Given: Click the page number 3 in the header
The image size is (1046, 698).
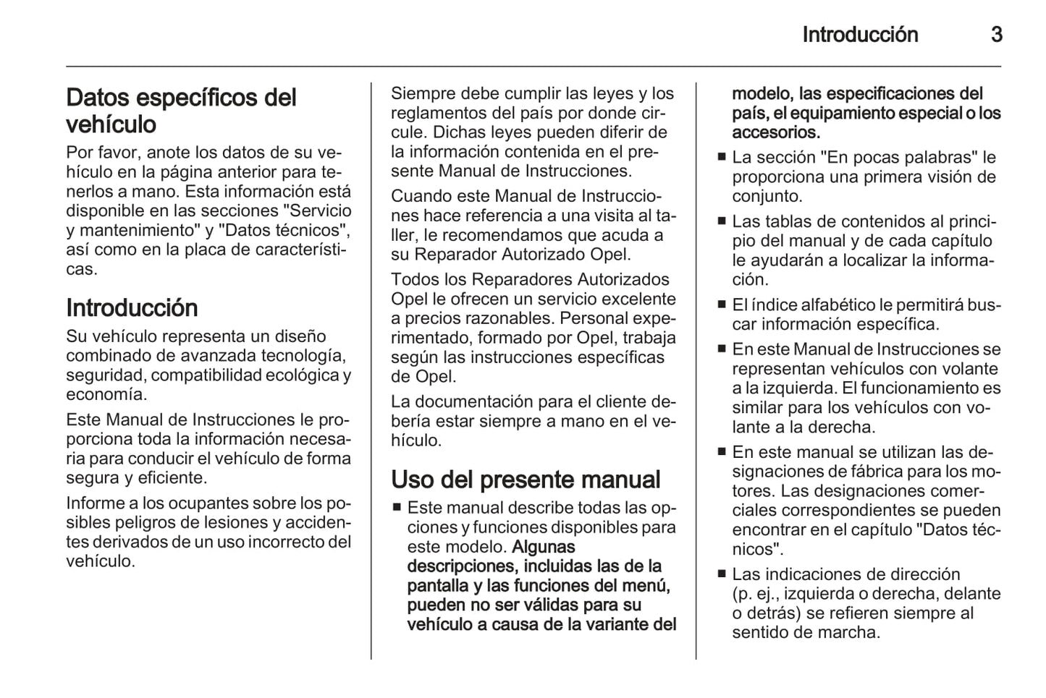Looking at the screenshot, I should coord(996,35).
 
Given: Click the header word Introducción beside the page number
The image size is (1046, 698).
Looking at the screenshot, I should coord(860,35).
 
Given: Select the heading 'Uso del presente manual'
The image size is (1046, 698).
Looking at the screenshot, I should coord(526,480).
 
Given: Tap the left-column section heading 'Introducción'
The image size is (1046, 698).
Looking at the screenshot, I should coord(132,307).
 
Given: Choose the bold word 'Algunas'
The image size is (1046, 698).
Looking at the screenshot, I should coord(543,547).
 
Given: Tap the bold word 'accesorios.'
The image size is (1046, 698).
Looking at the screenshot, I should coord(776,132).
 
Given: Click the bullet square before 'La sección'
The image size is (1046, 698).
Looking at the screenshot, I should coord(721,157).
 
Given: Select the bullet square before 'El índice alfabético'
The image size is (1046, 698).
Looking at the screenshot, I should coord(721,305).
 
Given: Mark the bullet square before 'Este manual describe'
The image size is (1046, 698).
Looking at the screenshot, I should coord(397,508).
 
